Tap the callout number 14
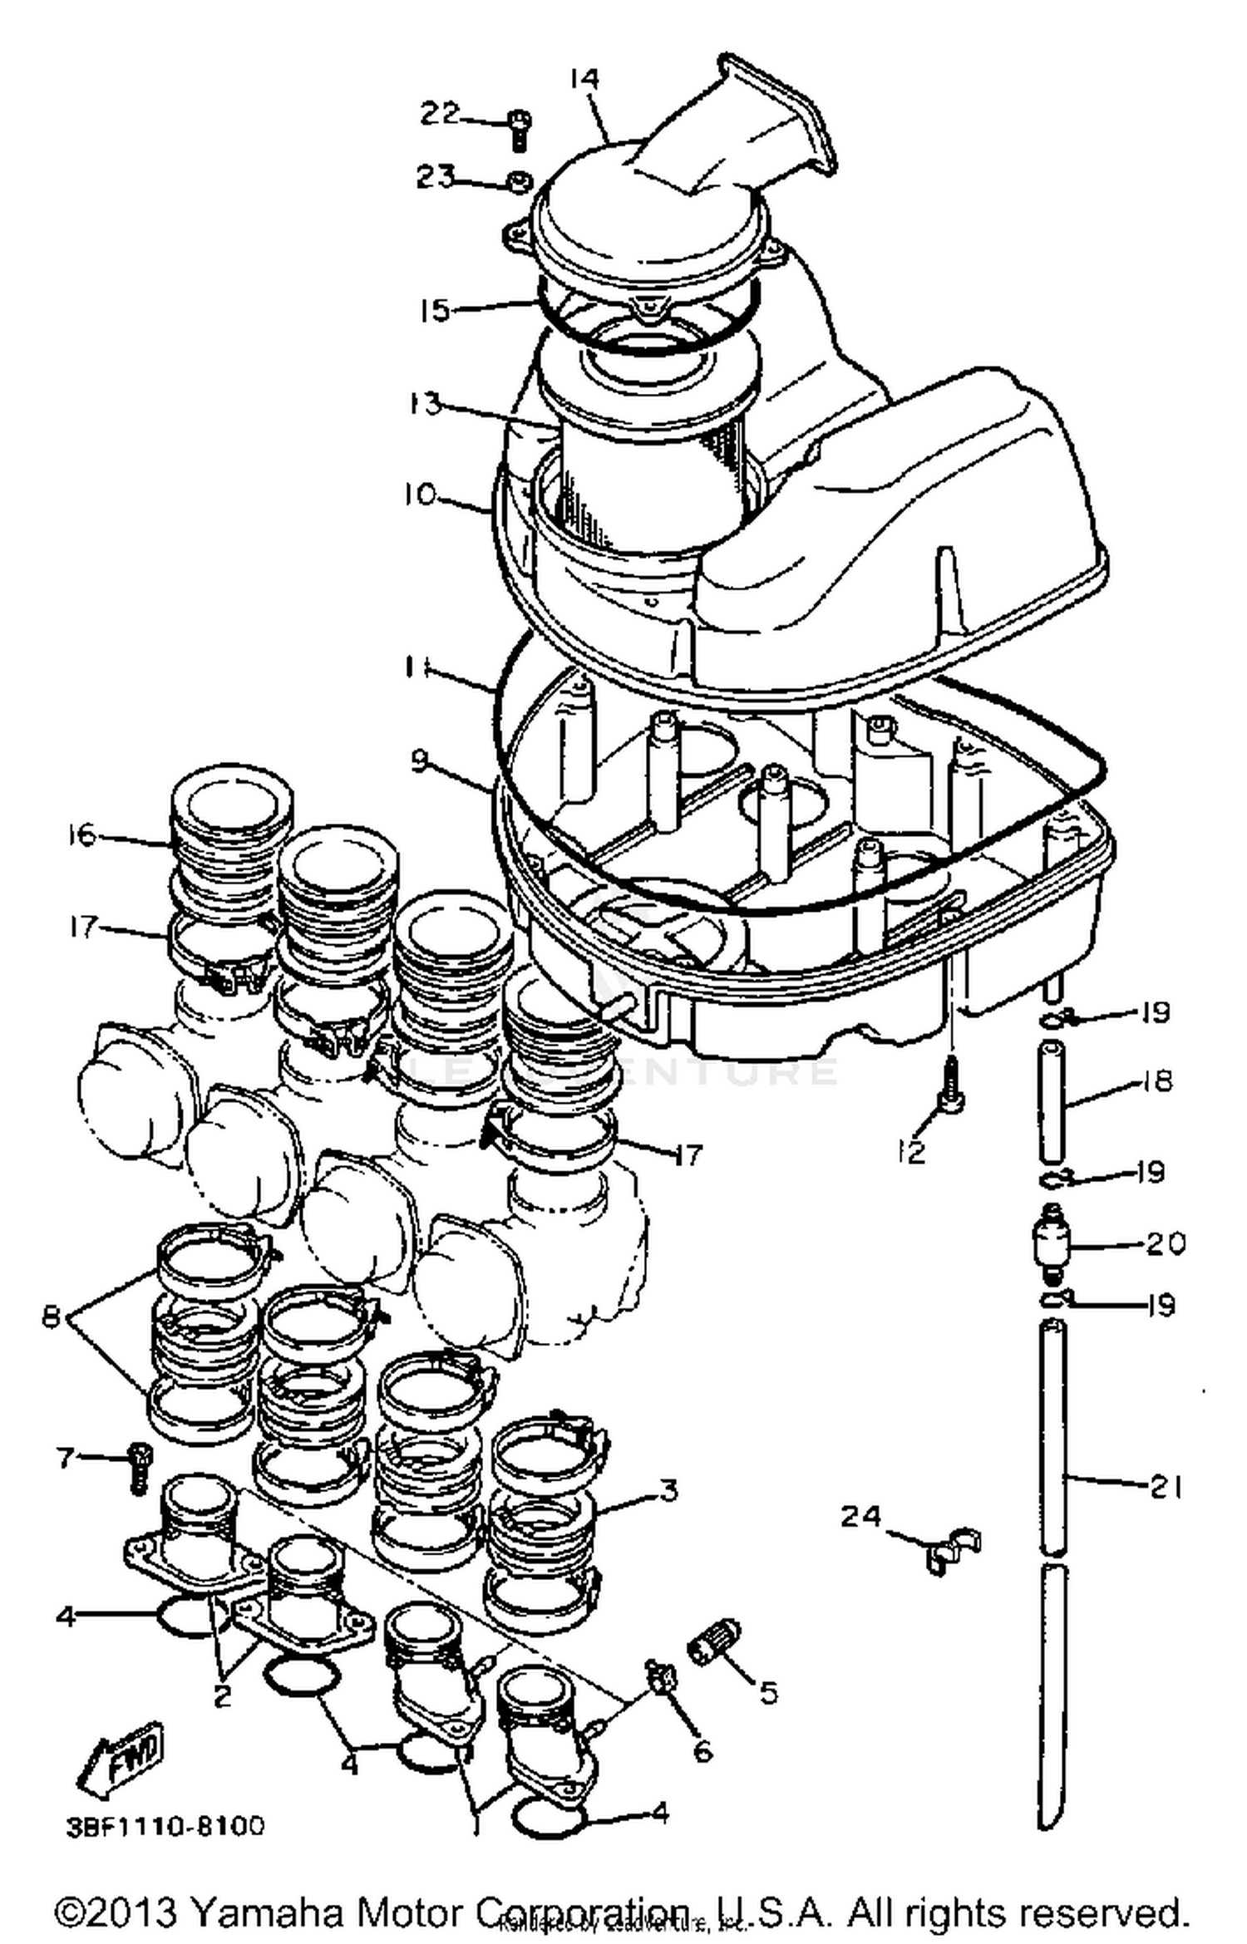[584, 78]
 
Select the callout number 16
[82, 834]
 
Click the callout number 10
[420, 495]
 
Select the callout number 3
[668, 1490]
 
